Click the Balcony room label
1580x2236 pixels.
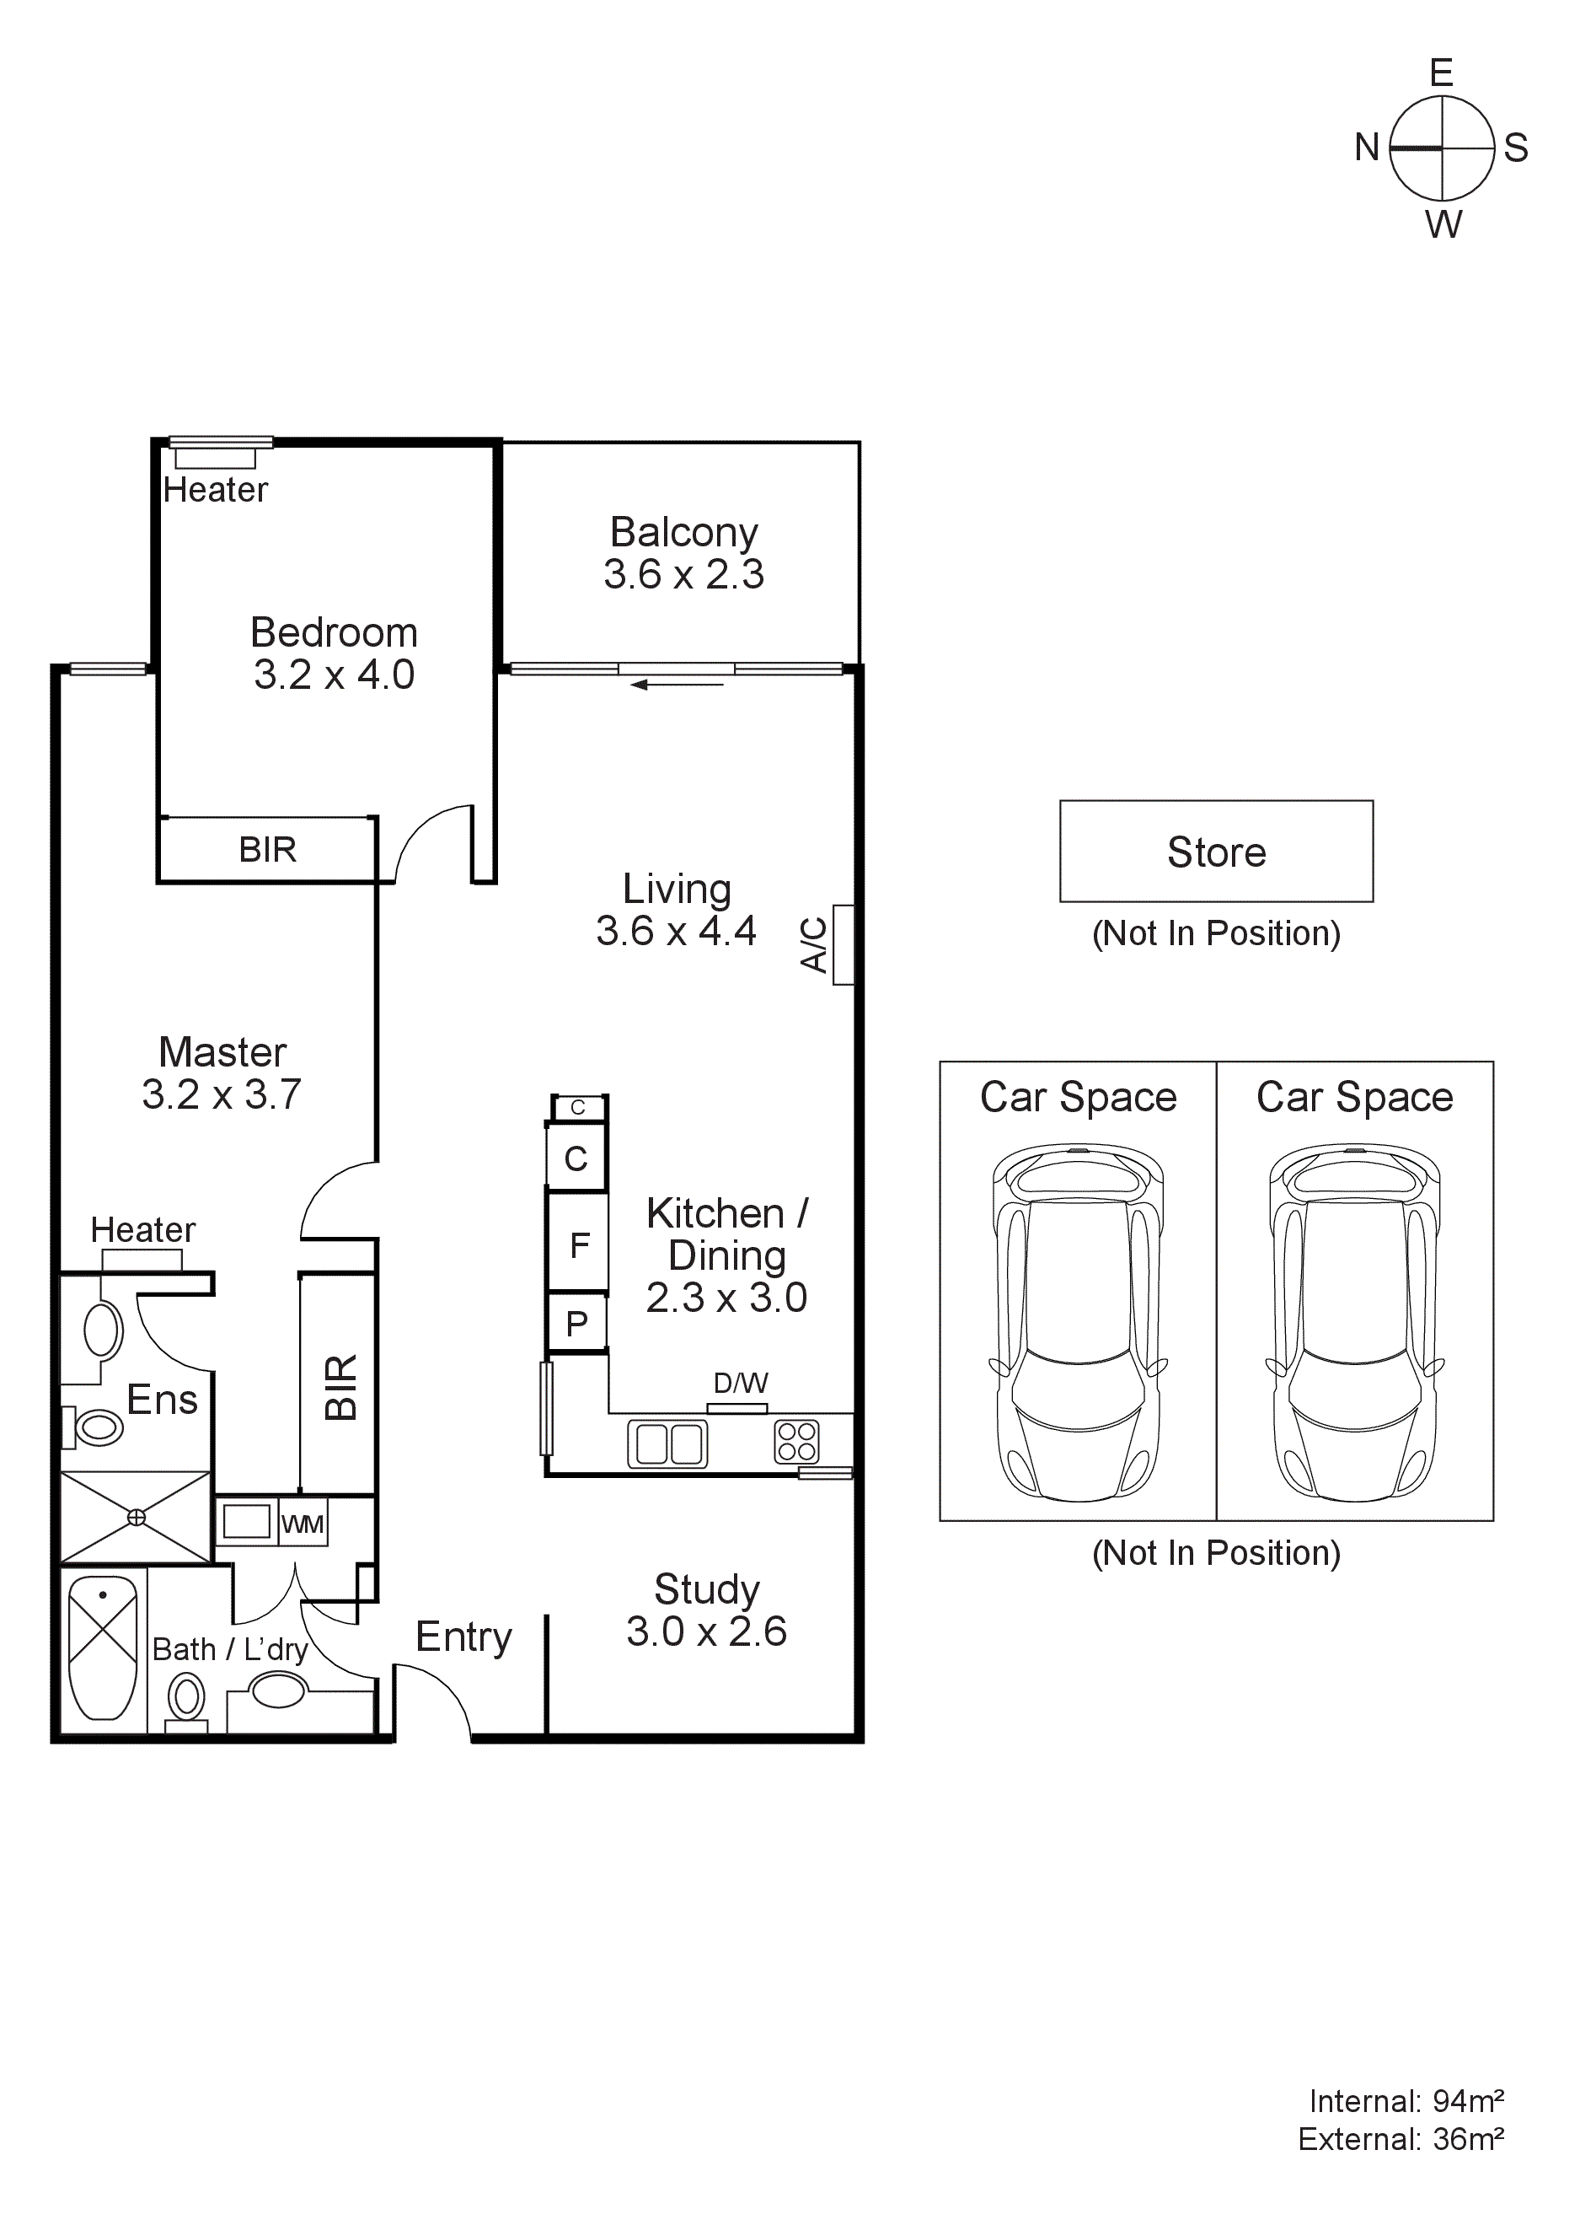pyautogui.click(x=683, y=533)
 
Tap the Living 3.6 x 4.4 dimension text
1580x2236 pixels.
pyautogui.click(x=676, y=931)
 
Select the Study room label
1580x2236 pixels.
pyautogui.click(x=706, y=1589)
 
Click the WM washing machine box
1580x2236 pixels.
pyautogui.click(x=303, y=1524)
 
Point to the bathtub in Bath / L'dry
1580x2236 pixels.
pyautogui.click(x=103, y=1649)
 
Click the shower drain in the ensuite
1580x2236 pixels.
pyautogui.click(x=137, y=1518)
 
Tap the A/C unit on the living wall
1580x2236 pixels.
pyautogui.click(x=842, y=944)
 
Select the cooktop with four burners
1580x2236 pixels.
pyautogui.click(x=796, y=1443)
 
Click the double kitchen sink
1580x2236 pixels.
pyautogui.click(x=668, y=1443)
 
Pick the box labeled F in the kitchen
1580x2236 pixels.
pyautogui.click(x=578, y=1244)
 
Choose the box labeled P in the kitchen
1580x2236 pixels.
pyautogui.click(x=577, y=1323)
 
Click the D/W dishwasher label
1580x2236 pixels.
pyautogui.click(x=740, y=1383)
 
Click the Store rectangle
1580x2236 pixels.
pyautogui.click(x=1216, y=852)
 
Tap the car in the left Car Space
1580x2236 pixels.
pyautogui.click(x=1078, y=1325)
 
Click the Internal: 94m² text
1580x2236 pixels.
pyautogui.click(x=1406, y=2102)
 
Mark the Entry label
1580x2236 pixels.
pyautogui.click(x=463, y=1637)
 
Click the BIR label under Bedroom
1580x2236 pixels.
pyautogui.click(x=268, y=849)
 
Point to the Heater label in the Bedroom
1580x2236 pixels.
pyautogui.click(x=215, y=489)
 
